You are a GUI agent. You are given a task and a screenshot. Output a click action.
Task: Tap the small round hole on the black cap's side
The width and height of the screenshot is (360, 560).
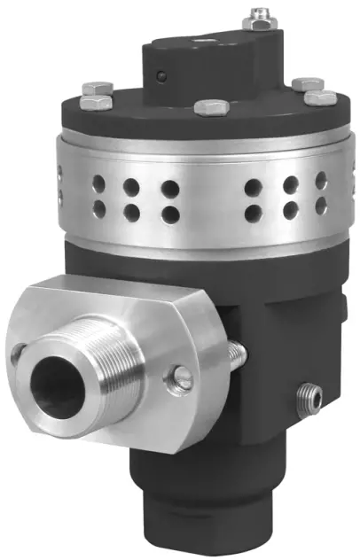click(x=162, y=77)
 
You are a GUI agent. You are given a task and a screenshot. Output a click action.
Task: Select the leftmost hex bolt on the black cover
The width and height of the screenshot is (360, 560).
click(x=95, y=91)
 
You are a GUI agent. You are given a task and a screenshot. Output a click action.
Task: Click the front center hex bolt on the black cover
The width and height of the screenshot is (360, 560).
click(x=211, y=108)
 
